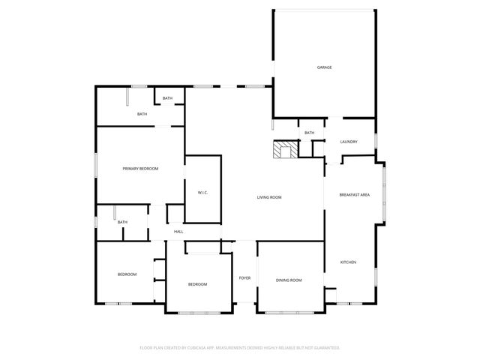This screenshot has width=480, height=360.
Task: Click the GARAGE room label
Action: pyautogui.click(x=324, y=67)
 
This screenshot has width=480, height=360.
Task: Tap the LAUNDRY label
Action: pyautogui.click(x=349, y=142)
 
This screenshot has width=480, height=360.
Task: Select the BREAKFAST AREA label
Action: pyautogui.click(x=355, y=195)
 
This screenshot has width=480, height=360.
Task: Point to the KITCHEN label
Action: pyautogui.click(x=349, y=262)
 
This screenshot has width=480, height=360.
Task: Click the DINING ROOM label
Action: pyautogui.click(x=289, y=280)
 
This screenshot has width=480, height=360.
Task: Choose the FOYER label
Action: pyautogui.click(x=244, y=278)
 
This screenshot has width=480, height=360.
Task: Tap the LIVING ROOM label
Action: pyautogui.click(x=269, y=197)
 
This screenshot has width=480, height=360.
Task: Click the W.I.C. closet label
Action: pyautogui.click(x=202, y=193)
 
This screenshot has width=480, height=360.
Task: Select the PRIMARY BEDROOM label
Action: pyautogui.click(x=141, y=169)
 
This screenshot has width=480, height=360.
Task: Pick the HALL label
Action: pyautogui.click(x=178, y=232)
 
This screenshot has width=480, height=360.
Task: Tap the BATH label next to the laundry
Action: pyautogui.click(x=309, y=133)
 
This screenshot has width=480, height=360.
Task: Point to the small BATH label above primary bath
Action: pyautogui.click(x=167, y=98)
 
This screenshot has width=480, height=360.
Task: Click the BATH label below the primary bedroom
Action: pyautogui.click(x=121, y=222)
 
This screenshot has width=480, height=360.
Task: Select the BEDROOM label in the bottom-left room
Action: pyautogui.click(x=127, y=274)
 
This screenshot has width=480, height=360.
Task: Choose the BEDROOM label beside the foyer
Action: pyautogui.click(x=197, y=284)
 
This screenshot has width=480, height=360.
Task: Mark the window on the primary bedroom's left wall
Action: pyautogui.click(x=95, y=164)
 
